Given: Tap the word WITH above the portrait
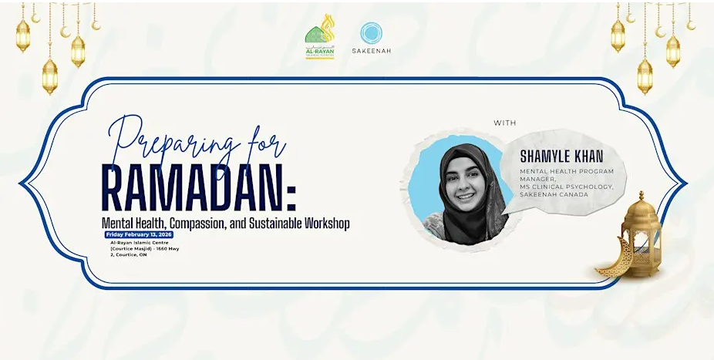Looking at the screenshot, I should pos(507,123).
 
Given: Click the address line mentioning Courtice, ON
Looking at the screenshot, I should pos(132,255).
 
